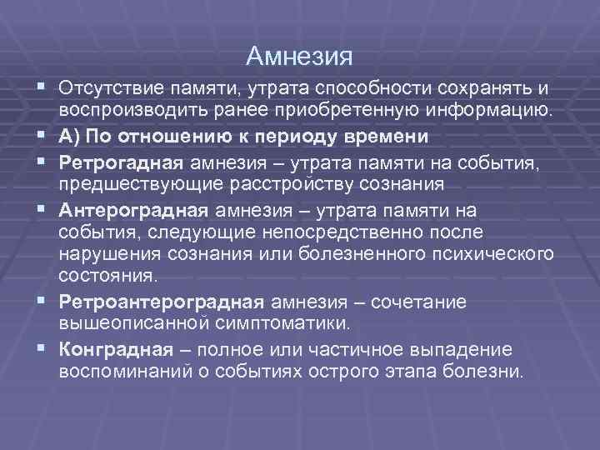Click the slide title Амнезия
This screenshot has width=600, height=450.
pyautogui.click(x=300, y=56)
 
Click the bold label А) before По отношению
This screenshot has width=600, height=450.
pyautogui.click(x=70, y=136)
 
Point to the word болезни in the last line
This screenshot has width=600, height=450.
pyautogui.click(x=491, y=369)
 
